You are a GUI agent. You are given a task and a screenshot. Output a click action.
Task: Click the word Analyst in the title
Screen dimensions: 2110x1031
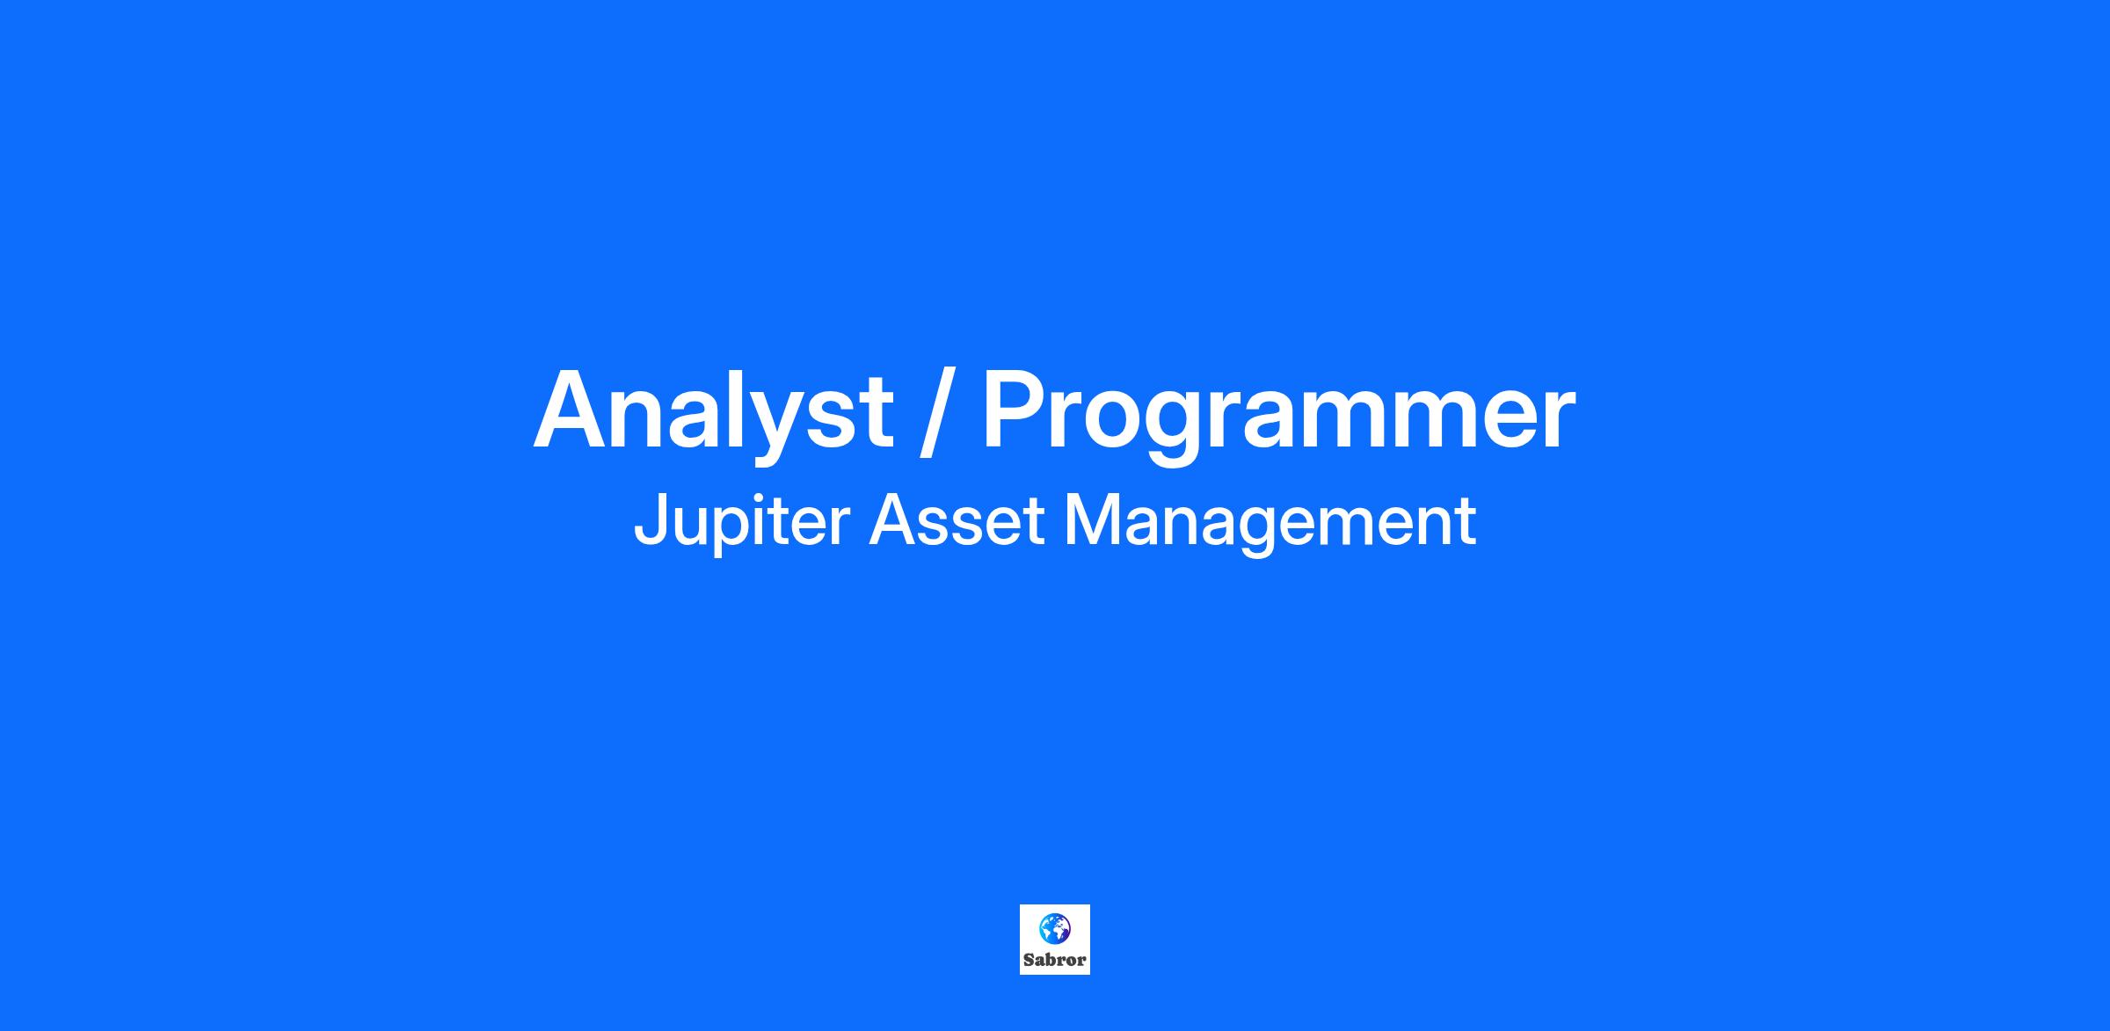714,413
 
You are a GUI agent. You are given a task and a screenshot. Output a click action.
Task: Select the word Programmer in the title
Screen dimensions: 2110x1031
1278,413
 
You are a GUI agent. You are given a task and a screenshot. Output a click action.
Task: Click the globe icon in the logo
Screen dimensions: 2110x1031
1055,927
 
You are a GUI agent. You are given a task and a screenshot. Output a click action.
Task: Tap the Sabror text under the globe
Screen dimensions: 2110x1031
1055,960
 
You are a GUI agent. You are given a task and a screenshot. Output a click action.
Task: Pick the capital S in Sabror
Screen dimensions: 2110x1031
1029,960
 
